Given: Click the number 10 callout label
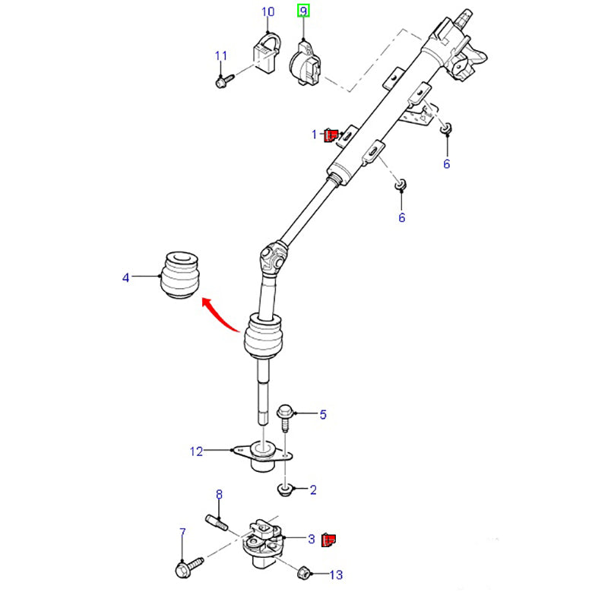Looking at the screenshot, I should click(x=268, y=11).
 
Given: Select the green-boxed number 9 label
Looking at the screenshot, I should click(x=303, y=11).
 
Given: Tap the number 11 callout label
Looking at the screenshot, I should click(x=221, y=55).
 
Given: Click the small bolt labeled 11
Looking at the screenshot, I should click(x=222, y=79).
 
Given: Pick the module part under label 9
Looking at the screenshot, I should click(x=307, y=62).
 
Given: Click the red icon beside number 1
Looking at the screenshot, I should click(x=331, y=135).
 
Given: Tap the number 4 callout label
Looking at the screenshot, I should click(x=126, y=278).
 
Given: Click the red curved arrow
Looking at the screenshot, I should click(x=223, y=316).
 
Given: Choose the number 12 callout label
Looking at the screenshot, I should click(x=197, y=451).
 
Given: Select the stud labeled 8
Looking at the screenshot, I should click(x=216, y=524).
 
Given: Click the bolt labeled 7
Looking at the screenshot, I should click(x=187, y=567).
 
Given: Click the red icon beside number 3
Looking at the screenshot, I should click(x=330, y=540).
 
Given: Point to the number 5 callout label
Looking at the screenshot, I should click(x=323, y=414).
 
